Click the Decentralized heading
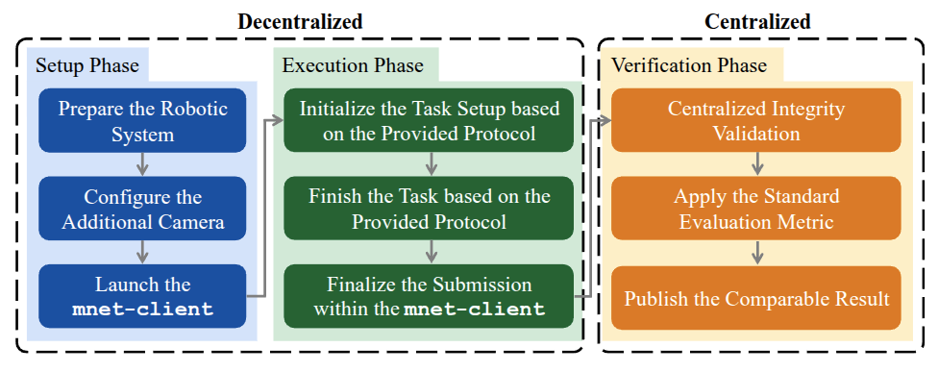[x=300, y=21]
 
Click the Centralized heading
[x=757, y=21]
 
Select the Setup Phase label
[x=87, y=64]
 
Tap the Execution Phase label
[x=353, y=64]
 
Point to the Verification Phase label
[x=688, y=64]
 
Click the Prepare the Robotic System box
[x=142, y=120]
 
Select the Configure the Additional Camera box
[x=142, y=209]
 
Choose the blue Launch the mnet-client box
[x=142, y=296]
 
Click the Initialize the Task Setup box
[x=429, y=120]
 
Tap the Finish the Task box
[x=429, y=209]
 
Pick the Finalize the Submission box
[x=429, y=296]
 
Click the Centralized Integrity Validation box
[x=756, y=120]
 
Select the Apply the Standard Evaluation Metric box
[x=756, y=209]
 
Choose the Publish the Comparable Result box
[x=756, y=297]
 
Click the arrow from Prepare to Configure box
[x=142, y=164]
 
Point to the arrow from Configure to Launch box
[x=142, y=253]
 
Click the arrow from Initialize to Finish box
[x=429, y=164]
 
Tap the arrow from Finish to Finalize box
[x=429, y=253]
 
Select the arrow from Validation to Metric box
[x=756, y=164]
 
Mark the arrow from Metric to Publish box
[x=756, y=253]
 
